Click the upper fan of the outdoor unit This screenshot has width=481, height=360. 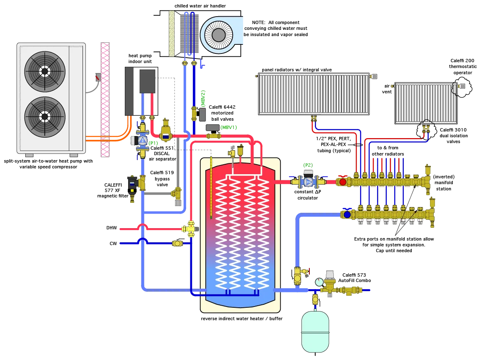(x=45, y=71)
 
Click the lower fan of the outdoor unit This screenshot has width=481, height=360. (x=45, y=117)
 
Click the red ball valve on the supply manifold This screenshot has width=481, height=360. (x=343, y=182)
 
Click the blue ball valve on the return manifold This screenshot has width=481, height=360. (x=347, y=214)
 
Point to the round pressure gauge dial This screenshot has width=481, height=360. (x=319, y=282)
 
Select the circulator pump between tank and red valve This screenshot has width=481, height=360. (x=308, y=182)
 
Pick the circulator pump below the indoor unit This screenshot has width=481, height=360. (x=143, y=141)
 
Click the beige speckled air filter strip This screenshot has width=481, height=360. (x=172, y=33)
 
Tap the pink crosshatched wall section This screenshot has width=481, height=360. (x=105, y=100)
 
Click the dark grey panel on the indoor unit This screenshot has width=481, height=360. (x=147, y=81)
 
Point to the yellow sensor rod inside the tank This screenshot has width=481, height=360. (x=211, y=187)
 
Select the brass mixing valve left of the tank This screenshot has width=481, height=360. (x=190, y=229)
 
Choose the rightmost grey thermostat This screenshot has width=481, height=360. (x=462, y=86)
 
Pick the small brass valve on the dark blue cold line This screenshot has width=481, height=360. (x=177, y=243)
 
